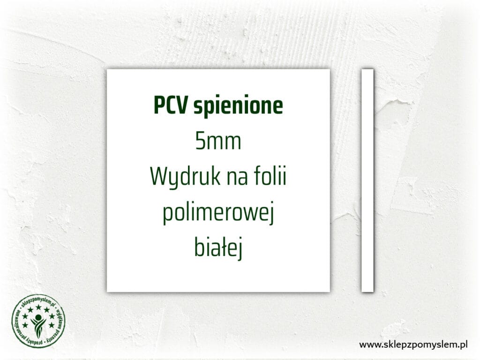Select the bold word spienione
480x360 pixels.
click(x=238, y=107)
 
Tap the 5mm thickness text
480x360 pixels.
click(x=218, y=142)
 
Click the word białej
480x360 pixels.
click(x=218, y=249)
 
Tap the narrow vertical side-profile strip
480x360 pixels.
click(x=367, y=180)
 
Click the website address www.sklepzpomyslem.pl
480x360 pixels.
click(x=414, y=345)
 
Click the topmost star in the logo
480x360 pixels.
click(x=38, y=307)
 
